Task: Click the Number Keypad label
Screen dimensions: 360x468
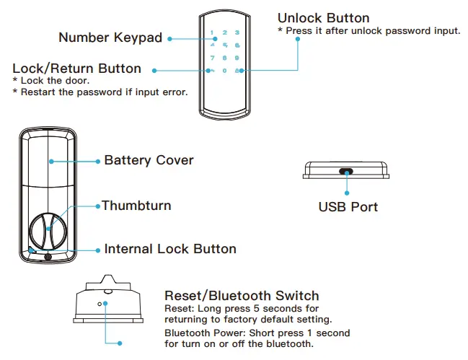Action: (x=110, y=38)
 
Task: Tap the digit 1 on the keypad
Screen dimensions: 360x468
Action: (x=212, y=32)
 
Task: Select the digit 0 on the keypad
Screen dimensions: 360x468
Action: (x=224, y=71)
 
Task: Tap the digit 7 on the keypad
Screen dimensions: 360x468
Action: (x=212, y=58)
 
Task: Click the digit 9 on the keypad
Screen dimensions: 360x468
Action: (x=237, y=58)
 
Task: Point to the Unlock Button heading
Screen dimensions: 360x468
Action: (x=323, y=18)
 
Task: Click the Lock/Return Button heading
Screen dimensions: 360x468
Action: (x=77, y=69)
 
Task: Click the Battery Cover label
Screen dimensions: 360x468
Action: (x=149, y=160)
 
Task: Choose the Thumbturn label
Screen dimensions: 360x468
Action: (x=136, y=206)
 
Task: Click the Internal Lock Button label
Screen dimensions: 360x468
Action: (x=170, y=249)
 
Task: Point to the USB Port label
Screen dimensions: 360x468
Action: (x=348, y=207)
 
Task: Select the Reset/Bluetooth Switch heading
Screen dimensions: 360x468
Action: (x=242, y=296)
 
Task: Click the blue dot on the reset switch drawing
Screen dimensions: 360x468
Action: (x=105, y=303)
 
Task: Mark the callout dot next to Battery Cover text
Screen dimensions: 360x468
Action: (x=98, y=160)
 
